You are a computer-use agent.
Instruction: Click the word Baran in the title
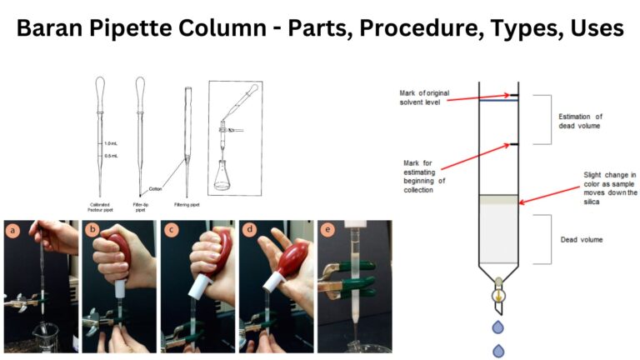click(x=57, y=27)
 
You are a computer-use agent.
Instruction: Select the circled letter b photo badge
click(x=92, y=230)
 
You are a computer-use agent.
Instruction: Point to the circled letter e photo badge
click(x=327, y=230)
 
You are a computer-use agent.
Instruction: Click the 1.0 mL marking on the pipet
click(x=110, y=143)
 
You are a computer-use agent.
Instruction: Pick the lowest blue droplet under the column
click(x=497, y=350)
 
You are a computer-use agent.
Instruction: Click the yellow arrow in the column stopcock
click(x=497, y=294)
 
